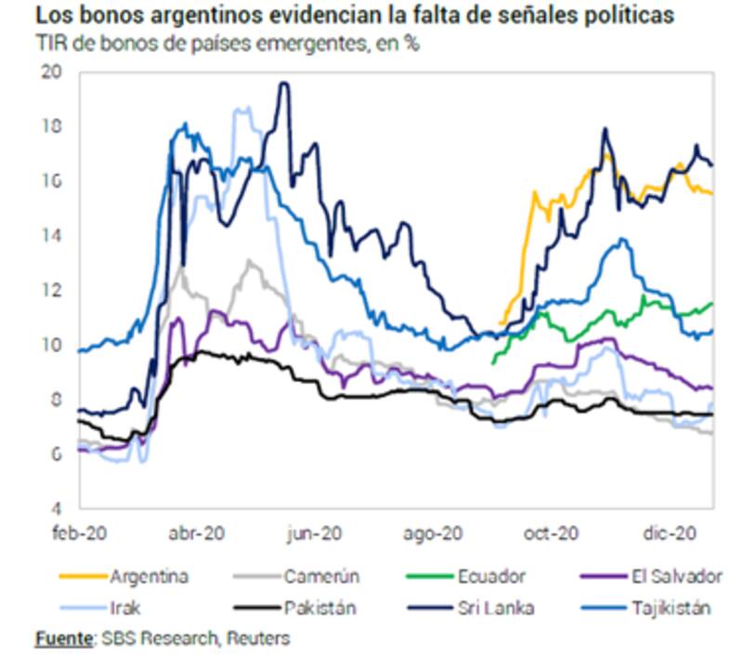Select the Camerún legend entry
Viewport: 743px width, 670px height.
pos(320,576)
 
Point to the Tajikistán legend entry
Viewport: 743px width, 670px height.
pos(667,609)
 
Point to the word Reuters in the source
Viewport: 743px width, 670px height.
pos(257,638)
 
